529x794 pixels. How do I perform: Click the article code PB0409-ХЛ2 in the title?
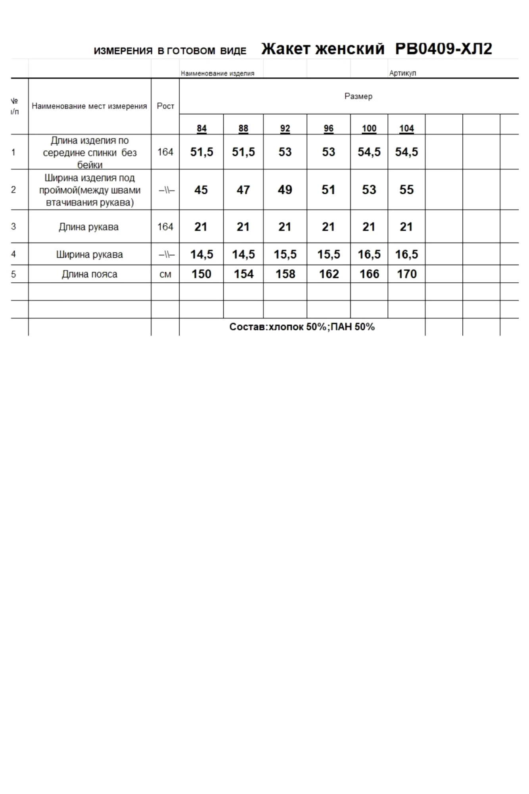pyautogui.click(x=444, y=49)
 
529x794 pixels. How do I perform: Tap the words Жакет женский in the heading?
pyautogui.click(x=323, y=49)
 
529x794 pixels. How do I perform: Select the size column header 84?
pyautogui.click(x=202, y=128)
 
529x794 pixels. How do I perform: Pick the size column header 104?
pyautogui.click(x=406, y=128)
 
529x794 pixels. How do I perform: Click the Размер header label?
pyautogui.click(x=358, y=96)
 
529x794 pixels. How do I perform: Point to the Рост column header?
pyautogui.click(x=165, y=106)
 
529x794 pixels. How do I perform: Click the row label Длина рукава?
pyautogui.click(x=88, y=227)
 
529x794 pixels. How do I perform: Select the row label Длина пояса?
pyautogui.click(x=89, y=274)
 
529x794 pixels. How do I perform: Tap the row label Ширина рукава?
pyautogui.click(x=89, y=254)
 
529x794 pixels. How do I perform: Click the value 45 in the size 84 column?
pyautogui.click(x=201, y=190)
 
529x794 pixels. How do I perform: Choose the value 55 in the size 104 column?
pyautogui.click(x=406, y=190)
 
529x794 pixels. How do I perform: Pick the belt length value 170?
pyautogui.click(x=407, y=274)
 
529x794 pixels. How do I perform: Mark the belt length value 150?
pyautogui.click(x=201, y=274)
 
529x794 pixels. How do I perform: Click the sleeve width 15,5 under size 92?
pyautogui.click(x=285, y=254)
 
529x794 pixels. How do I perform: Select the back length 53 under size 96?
pyautogui.click(x=328, y=152)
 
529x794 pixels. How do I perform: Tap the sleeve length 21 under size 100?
pyautogui.click(x=369, y=227)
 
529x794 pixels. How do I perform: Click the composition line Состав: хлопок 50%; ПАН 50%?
pyautogui.click(x=302, y=327)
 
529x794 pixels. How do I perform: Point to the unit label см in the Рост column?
pyautogui.click(x=165, y=274)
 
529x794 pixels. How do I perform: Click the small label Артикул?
pyautogui.click(x=402, y=73)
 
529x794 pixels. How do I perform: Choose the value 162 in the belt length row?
pyautogui.click(x=329, y=274)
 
